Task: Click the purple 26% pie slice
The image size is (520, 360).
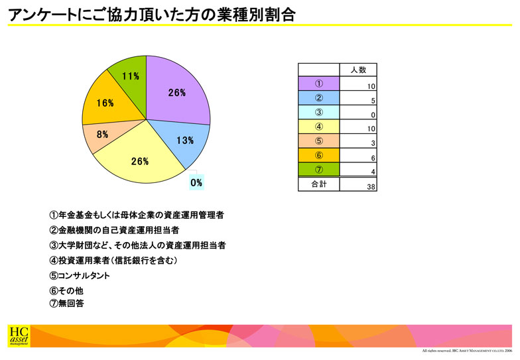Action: (x=176, y=91)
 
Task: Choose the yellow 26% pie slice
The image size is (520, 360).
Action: (x=139, y=159)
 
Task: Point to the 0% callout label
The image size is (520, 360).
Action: (x=196, y=182)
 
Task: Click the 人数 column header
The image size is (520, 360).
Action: (x=358, y=70)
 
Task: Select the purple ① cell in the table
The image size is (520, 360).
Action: (x=318, y=84)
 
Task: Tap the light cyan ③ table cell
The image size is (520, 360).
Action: (x=318, y=112)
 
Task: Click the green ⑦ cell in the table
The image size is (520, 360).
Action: (x=318, y=170)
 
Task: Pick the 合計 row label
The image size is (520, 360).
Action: (x=318, y=184)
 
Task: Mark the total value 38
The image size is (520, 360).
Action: (x=371, y=187)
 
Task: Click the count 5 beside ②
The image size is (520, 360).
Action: (x=373, y=101)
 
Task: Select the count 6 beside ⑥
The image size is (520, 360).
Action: (x=373, y=158)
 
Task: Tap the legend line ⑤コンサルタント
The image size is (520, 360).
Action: (x=80, y=276)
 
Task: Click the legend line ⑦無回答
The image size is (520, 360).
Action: (x=66, y=303)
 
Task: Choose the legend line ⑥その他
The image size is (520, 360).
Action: (x=66, y=290)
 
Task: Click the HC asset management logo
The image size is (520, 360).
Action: (x=19, y=336)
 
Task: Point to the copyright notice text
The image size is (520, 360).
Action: (x=467, y=351)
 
